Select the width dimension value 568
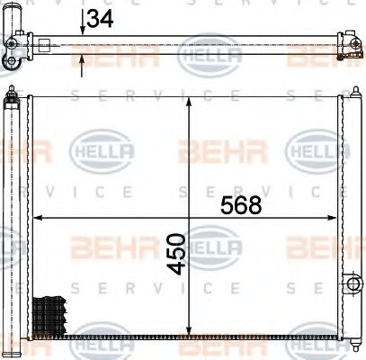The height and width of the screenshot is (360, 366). point(241,204)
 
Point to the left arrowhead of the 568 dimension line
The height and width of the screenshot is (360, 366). point(38,218)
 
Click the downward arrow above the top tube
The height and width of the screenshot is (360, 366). point(83,29)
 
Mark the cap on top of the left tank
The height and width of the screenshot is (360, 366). point(12,94)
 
